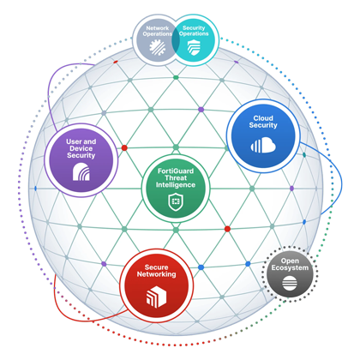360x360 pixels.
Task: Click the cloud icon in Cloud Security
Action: pyautogui.click(x=263, y=145)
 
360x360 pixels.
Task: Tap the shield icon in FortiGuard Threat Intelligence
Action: pyautogui.click(x=176, y=201)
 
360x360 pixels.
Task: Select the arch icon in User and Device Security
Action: pyautogui.click(x=81, y=171)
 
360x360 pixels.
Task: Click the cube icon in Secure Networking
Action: pyautogui.click(x=156, y=297)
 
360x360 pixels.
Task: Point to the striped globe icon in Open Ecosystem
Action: pyautogui.click(x=290, y=284)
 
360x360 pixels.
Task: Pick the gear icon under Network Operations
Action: pyautogui.click(x=157, y=46)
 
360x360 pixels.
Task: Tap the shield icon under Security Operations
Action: pyautogui.click(x=194, y=47)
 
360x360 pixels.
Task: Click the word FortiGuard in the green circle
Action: pyautogui.click(x=176, y=171)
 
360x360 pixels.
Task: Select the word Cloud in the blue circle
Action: pyautogui.click(x=263, y=118)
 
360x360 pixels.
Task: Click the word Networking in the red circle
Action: pyautogui.click(x=156, y=274)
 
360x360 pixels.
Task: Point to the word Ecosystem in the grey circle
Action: pyautogui.click(x=290, y=267)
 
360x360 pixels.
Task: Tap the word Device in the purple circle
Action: pyautogui.click(x=81, y=148)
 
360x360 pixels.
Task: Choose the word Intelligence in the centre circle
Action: pyautogui.click(x=176, y=185)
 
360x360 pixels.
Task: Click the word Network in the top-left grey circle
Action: pyautogui.click(x=158, y=28)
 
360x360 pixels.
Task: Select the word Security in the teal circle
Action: pyautogui.click(x=194, y=27)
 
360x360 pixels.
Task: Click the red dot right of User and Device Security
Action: pyautogui.click(x=124, y=147)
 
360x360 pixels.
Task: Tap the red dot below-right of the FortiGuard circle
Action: pyautogui.click(x=227, y=229)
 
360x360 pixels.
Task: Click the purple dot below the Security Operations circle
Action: pyautogui.click(x=201, y=110)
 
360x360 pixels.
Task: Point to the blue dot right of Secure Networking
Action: pyautogui.click(x=201, y=267)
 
